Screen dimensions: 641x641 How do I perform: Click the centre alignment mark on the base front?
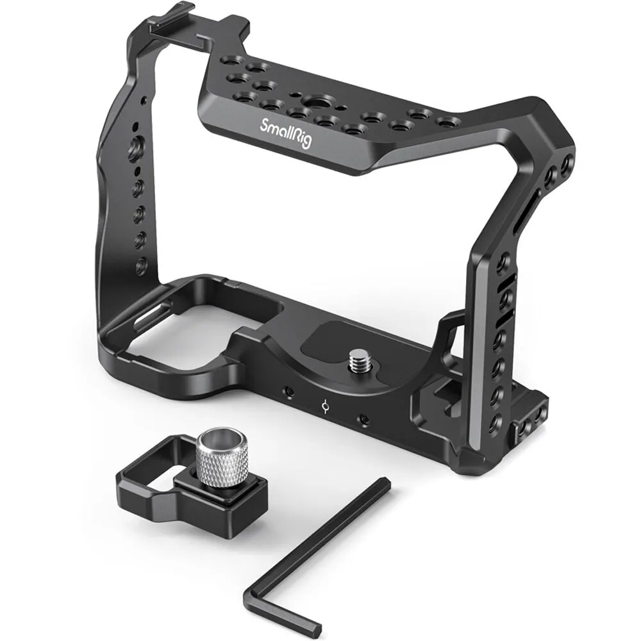(326, 406)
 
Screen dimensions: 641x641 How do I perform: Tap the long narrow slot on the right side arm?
(519, 217)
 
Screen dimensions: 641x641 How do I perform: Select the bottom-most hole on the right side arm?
(494, 422)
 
